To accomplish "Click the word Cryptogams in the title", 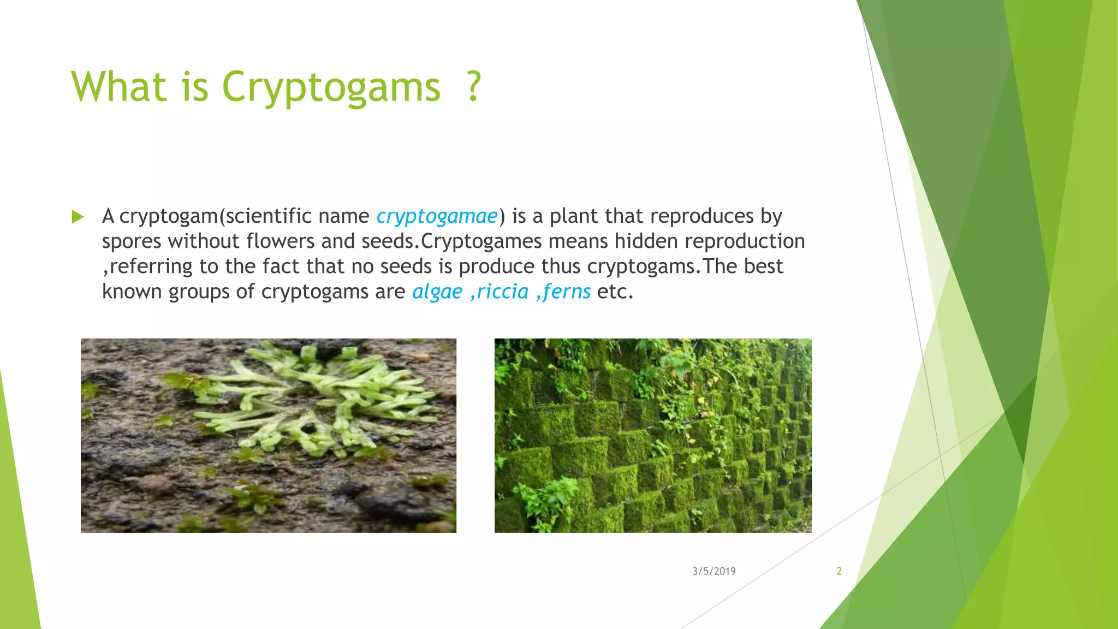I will (331, 87).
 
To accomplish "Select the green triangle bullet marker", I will (78, 217).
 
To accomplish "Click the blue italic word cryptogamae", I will (437, 216).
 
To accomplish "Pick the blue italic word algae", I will (437, 292).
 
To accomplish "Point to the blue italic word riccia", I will (502, 292).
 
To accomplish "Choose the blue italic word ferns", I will (567, 292).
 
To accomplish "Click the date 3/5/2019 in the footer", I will (713, 571).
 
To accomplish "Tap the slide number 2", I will (839, 571).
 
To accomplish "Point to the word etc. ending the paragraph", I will (615, 292).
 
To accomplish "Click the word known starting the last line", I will (132, 292).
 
